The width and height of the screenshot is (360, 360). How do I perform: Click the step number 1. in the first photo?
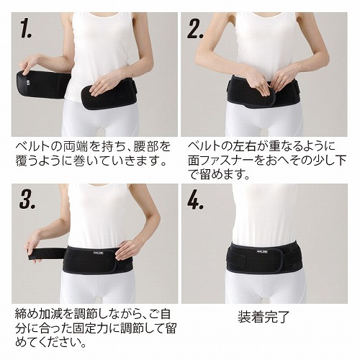point(26,29)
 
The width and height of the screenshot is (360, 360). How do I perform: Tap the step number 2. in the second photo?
point(195,29)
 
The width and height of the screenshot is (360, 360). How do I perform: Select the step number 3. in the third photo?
point(27,199)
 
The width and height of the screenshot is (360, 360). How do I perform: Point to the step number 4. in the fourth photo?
point(196,199)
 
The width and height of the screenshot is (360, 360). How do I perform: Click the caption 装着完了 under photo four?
point(264,317)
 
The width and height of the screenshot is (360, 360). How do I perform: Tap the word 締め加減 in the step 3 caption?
point(40,314)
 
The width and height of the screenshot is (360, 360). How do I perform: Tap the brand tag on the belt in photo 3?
point(99,253)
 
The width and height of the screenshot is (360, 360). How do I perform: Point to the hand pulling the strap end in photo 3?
point(38,243)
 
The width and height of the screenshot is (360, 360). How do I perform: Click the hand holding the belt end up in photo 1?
point(30,63)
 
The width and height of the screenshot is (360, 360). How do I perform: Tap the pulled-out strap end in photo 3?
point(46,253)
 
